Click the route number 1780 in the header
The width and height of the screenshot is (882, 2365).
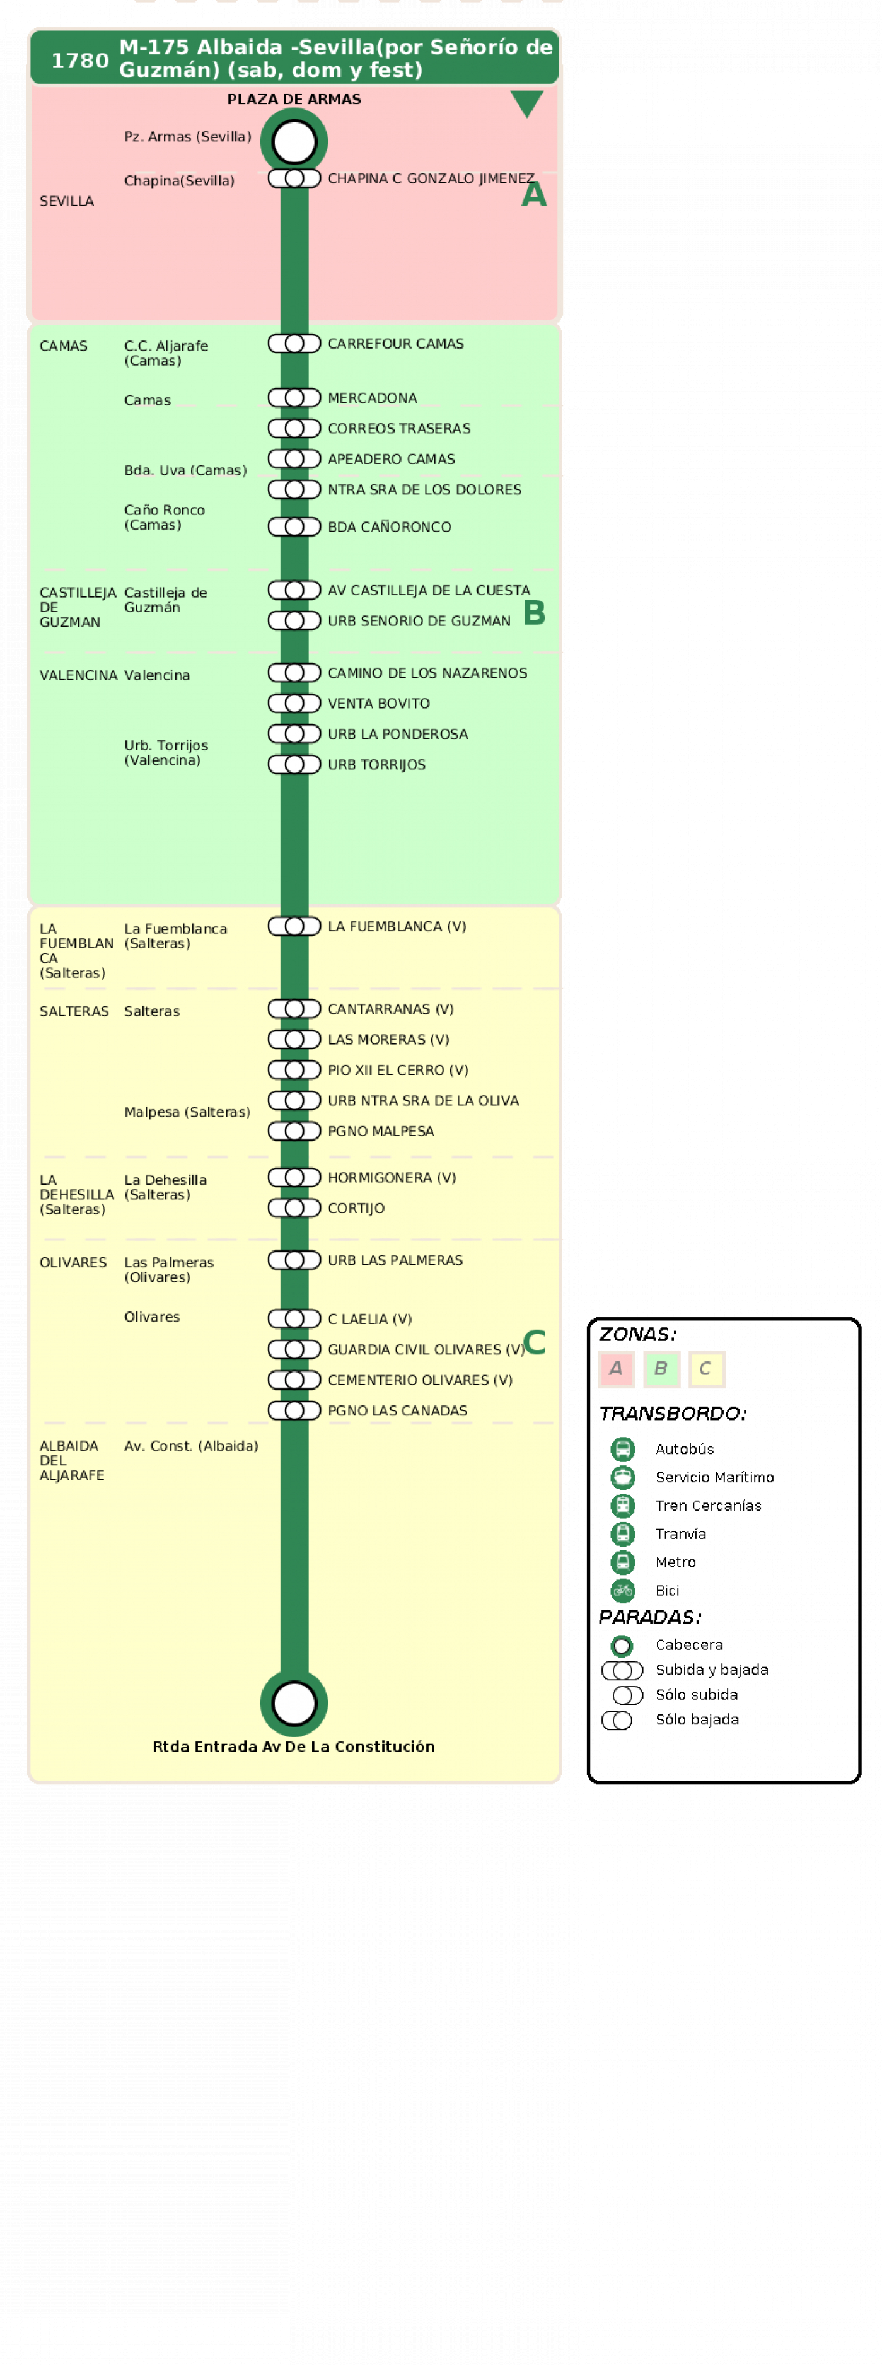click(80, 61)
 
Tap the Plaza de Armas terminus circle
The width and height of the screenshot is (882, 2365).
click(294, 141)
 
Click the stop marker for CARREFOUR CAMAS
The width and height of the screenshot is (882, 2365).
click(294, 344)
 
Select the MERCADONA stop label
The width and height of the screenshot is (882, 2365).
click(373, 398)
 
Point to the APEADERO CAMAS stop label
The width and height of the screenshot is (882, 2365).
click(391, 459)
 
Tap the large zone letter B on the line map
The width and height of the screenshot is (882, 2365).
click(534, 612)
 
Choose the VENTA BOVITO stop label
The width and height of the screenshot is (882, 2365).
click(379, 703)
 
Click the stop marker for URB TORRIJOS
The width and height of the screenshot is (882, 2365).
click(294, 765)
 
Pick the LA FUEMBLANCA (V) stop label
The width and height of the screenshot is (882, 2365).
click(397, 926)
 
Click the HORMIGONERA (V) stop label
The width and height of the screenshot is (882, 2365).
click(392, 1178)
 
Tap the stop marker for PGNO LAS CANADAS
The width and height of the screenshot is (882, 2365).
click(294, 1411)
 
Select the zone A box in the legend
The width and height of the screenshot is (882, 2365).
click(616, 1369)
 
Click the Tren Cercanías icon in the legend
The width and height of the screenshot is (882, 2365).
click(623, 1506)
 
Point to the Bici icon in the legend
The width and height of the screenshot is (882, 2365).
click(623, 1590)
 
